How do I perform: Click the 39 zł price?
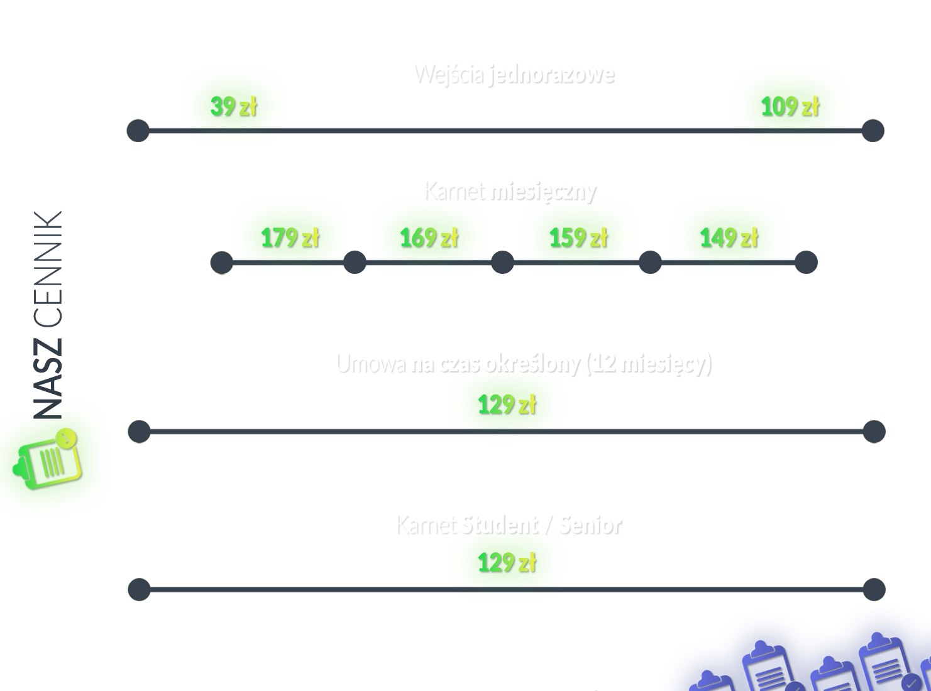(x=234, y=107)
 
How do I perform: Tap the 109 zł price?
(x=790, y=107)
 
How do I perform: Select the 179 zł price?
(x=290, y=238)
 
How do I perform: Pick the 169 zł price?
(x=429, y=238)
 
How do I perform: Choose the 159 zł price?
(x=579, y=238)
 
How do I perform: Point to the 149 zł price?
(x=729, y=238)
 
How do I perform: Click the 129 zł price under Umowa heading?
(x=507, y=405)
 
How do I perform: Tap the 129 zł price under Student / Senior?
(x=507, y=562)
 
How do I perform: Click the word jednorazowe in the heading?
(x=551, y=74)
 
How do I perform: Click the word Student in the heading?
(x=499, y=525)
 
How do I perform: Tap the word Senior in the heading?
(x=590, y=525)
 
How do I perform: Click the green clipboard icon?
(x=48, y=460)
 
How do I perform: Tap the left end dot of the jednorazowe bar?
(x=138, y=131)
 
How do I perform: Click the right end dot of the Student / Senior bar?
(x=873, y=589)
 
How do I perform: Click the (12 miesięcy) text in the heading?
(x=647, y=364)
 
